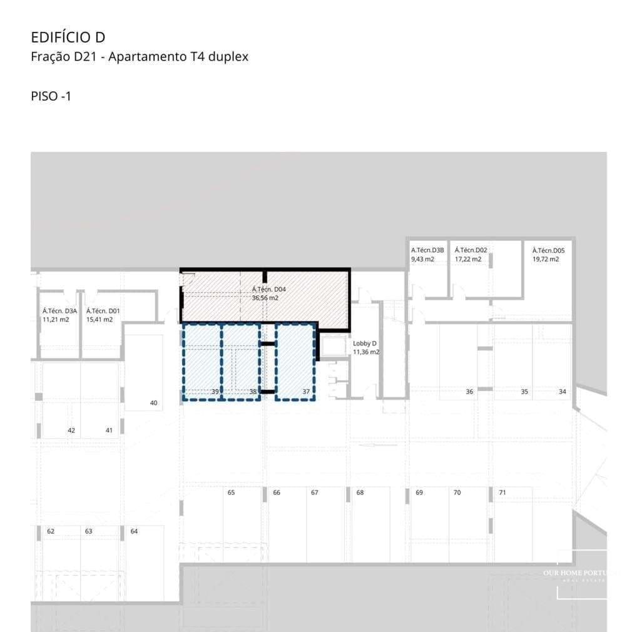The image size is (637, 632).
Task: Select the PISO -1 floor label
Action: [51, 96]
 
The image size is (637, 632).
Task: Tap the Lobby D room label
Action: [365, 344]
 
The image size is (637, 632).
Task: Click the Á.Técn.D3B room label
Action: [427, 250]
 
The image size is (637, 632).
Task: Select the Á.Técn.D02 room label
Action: [471, 250]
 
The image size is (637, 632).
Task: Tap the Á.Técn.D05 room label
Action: [548, 250]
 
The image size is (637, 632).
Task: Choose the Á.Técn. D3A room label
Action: [59, 311]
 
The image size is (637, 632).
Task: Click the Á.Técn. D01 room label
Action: [103, 311]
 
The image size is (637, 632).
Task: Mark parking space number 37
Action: [306, 392]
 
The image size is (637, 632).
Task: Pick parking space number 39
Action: [215, 392]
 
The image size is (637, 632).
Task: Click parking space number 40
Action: [153, 403]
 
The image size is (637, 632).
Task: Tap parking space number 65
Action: [231, 492]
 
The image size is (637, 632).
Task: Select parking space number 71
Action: [502, 492]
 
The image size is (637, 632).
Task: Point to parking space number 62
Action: [51, 531]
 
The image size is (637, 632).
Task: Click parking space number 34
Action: [562, 392]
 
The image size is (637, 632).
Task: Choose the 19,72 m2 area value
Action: [546, 259]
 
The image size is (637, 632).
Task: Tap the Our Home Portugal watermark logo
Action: [581, 574]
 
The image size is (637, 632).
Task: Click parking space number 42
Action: [71, 431]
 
